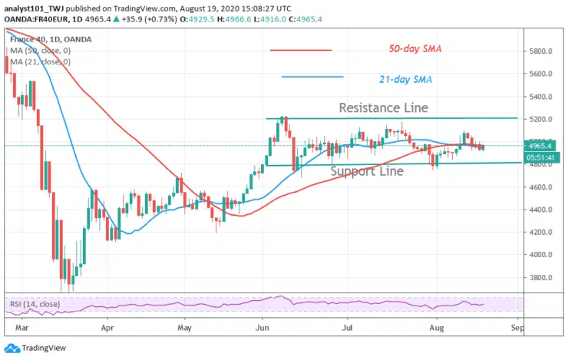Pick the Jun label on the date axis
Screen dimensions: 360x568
coord(262,325)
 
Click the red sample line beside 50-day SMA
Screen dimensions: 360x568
coord(301,51)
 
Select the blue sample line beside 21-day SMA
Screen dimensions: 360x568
coord(312,77)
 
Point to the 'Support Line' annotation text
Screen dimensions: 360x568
coord(366,171)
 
